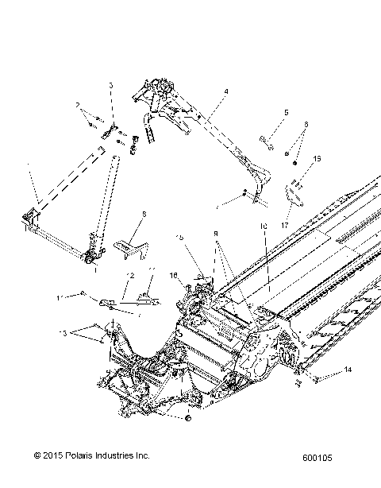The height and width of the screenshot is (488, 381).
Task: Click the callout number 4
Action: coord(226,92)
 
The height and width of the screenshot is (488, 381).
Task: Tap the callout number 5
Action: coord(264,112)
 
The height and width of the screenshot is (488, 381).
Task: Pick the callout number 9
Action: coord(214,235)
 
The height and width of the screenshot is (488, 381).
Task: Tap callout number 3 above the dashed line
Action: coord(111,85)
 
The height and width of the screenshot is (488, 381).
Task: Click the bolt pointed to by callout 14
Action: coord(317,379)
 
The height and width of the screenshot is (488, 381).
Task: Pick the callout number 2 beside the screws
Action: coord(79,105)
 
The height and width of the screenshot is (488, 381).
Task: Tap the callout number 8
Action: coord(144,215)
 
